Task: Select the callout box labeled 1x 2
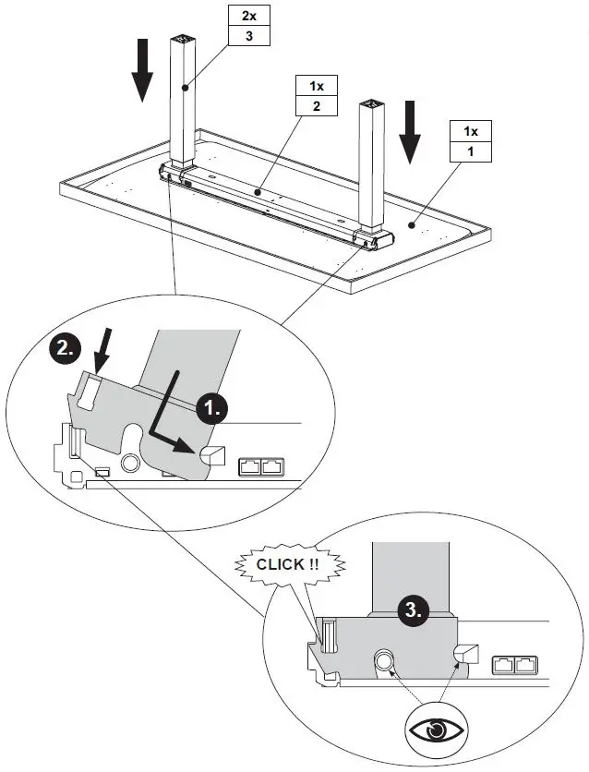click(x=317, y=96)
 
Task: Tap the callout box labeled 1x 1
click(x=471, y=139)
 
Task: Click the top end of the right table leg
click(x=371, y=104)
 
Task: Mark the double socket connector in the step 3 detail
click(x=515, y=663)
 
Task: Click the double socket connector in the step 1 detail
click(x=261, y=466)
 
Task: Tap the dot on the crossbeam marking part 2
click(x=258, y=194)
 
